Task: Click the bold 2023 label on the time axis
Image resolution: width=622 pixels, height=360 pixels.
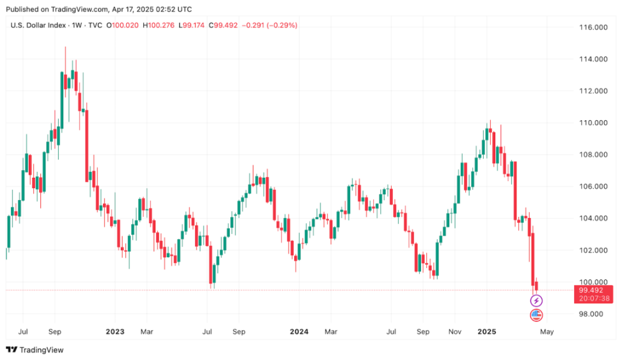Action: coord(115,332)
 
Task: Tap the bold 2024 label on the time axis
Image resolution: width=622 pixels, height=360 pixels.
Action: coord(299,332)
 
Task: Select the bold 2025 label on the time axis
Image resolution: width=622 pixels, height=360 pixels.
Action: coord(487,332)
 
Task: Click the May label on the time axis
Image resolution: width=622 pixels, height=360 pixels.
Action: coord(546,332)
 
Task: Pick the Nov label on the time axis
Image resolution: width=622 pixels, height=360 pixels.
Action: coord(455,332)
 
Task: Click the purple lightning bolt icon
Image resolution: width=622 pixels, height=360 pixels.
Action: coord(536,301)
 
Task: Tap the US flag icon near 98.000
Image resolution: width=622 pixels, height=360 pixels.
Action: coord(536,315)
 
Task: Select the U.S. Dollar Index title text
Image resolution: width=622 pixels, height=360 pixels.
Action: coord(38,26)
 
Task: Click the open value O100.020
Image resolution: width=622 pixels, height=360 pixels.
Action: coord(123,26)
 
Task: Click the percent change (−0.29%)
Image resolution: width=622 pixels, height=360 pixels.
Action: coord(280,26)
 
